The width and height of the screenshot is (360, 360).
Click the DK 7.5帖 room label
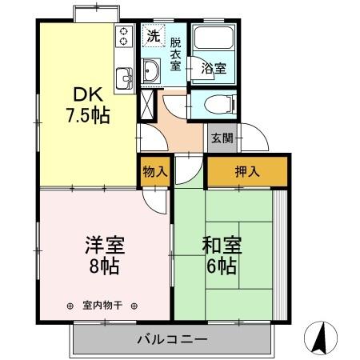tap(88, 103)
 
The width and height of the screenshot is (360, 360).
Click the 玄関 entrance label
tap(222, 138)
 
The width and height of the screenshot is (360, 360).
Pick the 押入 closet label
tap(247, 170)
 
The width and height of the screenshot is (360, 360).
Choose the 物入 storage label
tap(155, 170)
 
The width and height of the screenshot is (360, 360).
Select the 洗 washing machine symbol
tap(153, 35)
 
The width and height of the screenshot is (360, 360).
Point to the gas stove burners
tap(125, 36)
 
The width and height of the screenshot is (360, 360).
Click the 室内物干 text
tap(102, 305)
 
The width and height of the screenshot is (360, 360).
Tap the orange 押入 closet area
tap(264, 170)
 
